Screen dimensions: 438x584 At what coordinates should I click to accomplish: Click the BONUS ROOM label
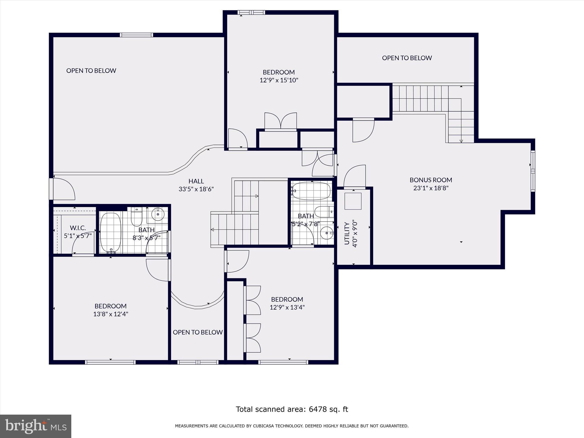tap(431, 180)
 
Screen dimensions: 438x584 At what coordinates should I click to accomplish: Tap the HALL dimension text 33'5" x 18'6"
tap(196, 189)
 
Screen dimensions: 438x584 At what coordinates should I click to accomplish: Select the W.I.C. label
tap(78, 228)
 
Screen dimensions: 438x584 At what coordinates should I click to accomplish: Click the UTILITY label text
tap(347, 233)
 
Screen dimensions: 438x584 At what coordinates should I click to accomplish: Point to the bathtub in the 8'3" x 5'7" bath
tap(111, 232)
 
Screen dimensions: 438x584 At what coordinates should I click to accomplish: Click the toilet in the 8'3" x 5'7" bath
tap(136, 218)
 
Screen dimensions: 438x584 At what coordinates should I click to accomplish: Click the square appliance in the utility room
tap(353, 201)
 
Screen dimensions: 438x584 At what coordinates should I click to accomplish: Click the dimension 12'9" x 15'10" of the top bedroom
tap(279, 80)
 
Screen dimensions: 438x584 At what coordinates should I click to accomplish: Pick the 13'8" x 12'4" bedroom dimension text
tap(111, 314)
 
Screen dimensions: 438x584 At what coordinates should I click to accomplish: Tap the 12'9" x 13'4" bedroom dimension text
tap(287, 307)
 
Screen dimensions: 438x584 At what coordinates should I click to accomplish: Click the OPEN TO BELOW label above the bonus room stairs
tap(407, 58)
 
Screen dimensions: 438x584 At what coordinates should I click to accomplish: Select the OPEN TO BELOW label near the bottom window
tap(198, 332)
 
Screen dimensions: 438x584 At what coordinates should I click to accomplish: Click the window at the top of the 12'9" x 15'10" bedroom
tap(251, 13)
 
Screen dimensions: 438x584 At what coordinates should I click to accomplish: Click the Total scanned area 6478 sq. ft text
tap(292, 409)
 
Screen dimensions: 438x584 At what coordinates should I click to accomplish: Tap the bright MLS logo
tap(36, 426)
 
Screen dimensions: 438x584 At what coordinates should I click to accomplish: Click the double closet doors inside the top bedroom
tap(281, 121)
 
